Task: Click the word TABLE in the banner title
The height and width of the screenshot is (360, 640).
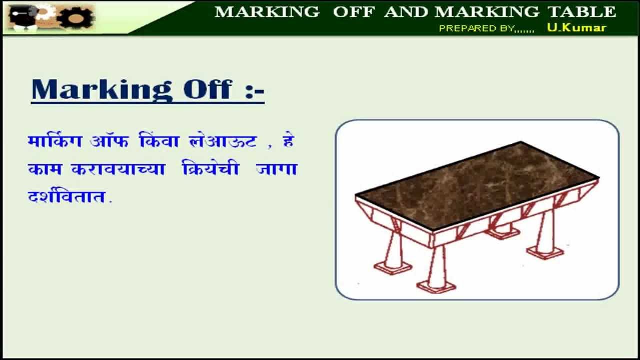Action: click(583, 12)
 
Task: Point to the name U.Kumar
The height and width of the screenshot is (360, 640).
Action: click(576, 28)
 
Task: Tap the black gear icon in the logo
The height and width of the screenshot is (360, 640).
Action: click(76, 17)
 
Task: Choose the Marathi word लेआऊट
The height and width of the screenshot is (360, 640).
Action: click(223, 141)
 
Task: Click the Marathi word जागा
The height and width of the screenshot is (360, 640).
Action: click(276, 169)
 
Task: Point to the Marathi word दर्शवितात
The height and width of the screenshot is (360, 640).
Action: click(70, 196)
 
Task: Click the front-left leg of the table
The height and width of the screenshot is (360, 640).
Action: click(394, 252)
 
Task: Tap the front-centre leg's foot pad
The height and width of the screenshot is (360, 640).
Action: click(436, 286)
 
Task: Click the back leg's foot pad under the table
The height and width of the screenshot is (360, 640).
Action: click(502, 233)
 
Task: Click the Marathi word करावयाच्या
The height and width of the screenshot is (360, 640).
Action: click(118, 169)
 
